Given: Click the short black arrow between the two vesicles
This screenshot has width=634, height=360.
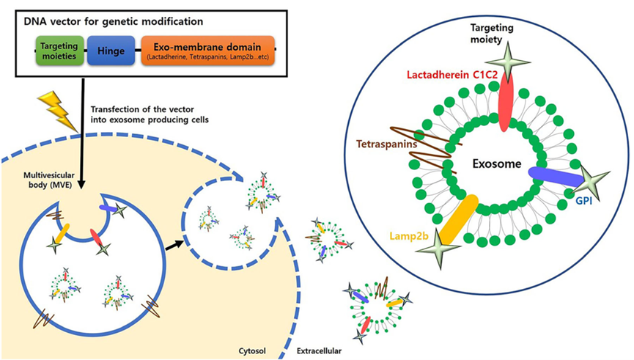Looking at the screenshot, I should [174, 243].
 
